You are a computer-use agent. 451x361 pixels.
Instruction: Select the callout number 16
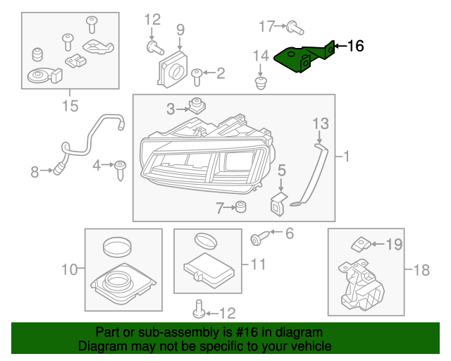click(355, 47)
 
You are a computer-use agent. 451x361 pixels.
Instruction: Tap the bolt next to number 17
click(295, 28)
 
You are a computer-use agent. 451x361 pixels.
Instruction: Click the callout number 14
click(261, 56)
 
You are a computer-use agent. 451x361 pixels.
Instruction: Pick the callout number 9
click(180, 30)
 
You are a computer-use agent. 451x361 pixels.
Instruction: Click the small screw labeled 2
click(198, 73)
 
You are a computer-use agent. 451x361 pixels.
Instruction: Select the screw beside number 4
click(121, 167)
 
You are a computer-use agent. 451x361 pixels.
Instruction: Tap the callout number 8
click(35, 171)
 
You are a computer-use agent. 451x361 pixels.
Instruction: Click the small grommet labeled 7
click(241, 207)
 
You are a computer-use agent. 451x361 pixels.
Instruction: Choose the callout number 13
click(320, 123)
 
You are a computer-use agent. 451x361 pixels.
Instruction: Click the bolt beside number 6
click(257, 239)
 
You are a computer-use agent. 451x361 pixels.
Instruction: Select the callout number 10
click(68, 269)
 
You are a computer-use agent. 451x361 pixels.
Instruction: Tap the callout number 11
click(258, 265)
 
